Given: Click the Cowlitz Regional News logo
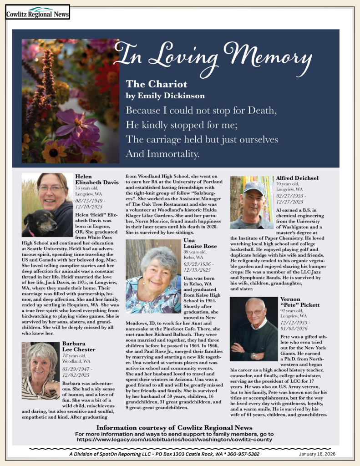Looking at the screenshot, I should (37, 12).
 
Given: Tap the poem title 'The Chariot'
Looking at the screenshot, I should (156, 84).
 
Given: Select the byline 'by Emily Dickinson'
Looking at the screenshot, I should (165, 96).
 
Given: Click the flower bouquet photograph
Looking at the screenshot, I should (70, 101).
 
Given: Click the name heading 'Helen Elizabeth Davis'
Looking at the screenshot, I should (96, 179).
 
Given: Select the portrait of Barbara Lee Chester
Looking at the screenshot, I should (40, 371).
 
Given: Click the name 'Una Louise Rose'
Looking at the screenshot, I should (200, 243).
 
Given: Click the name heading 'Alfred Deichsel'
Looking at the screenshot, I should (297, 178).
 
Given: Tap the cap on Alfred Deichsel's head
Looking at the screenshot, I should (254, 186).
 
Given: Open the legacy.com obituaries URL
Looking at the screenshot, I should (174, 440).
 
